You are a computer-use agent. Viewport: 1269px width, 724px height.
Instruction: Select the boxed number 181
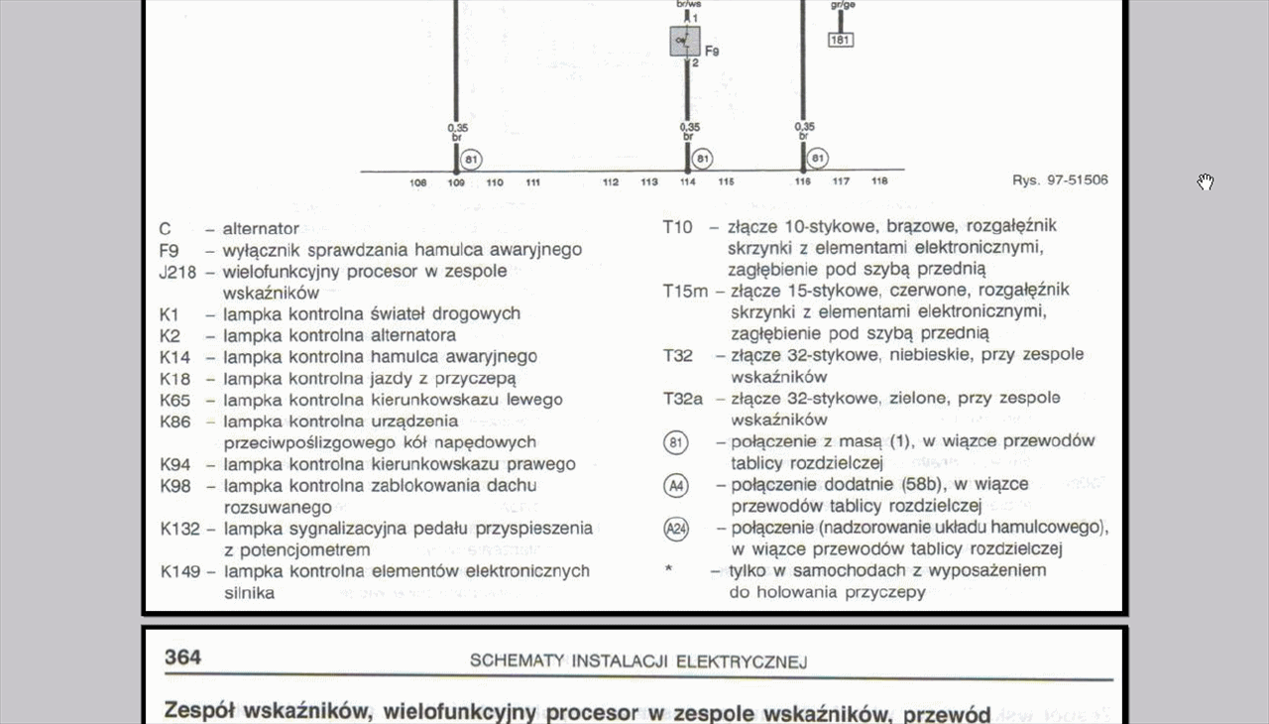(840, 41)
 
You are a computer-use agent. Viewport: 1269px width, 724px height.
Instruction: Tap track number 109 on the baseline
(456, 182)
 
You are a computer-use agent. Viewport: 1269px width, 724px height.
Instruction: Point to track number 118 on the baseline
(879, 181)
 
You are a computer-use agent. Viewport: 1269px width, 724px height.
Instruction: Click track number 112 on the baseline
(611, 182)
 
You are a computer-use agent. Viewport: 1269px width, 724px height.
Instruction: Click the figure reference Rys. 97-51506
(1060, 181)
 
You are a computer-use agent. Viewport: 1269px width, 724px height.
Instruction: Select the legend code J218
(180, 271)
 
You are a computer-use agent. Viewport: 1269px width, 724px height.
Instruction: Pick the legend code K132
(180, 529)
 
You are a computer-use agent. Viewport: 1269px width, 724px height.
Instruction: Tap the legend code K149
(180, 571)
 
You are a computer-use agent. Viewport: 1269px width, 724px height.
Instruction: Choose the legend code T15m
(685, 291)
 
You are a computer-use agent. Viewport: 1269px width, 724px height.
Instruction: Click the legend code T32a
(682, 399)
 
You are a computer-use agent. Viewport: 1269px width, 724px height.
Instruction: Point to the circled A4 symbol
(675, 486)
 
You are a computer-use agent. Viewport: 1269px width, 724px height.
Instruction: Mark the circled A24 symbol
(675, 529)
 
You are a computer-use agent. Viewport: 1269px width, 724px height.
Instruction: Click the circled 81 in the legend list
(675, 442)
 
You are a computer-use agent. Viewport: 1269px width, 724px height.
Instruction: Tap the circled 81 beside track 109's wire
(472, 159)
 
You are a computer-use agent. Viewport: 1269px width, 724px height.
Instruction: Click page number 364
(182, 658)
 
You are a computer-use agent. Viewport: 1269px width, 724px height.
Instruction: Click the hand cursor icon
(1205, 181)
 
